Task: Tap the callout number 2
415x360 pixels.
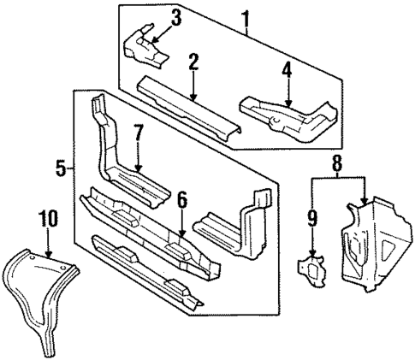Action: click(x=193, y=61)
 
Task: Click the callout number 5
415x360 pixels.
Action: click(x=61, y=168)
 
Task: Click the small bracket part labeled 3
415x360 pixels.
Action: click(x=145, y=50)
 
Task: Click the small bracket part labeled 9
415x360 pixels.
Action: click(x=313, y=270)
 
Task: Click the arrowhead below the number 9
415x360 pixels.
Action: click(x=313, y=255)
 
